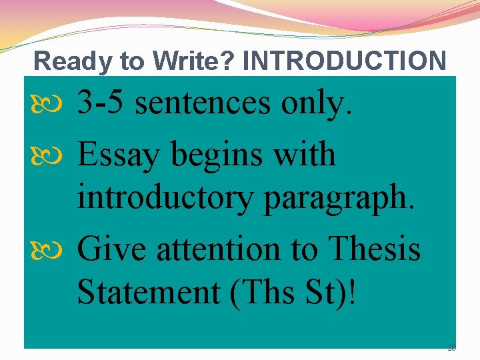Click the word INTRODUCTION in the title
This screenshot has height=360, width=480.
345,61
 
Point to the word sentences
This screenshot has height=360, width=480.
206,104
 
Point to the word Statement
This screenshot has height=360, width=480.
148,294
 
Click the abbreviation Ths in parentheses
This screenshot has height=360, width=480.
264,294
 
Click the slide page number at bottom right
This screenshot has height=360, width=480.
451,348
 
